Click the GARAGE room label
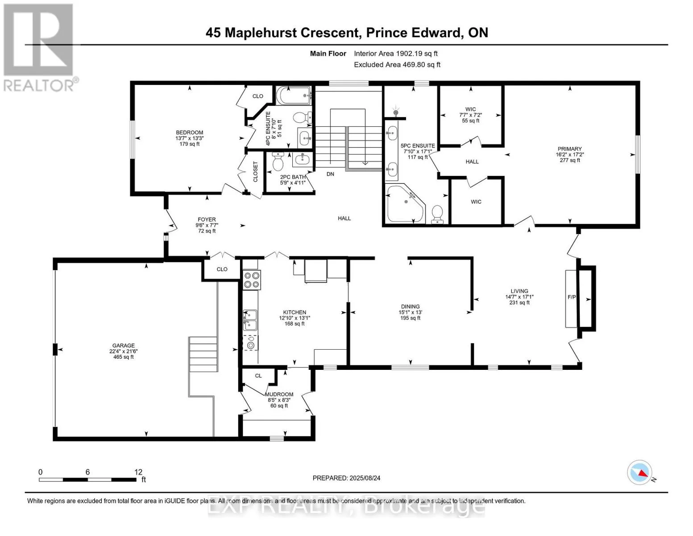click(x=124, y=345)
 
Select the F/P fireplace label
click(x=572, y=297)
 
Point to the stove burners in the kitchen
click(x=252, y=280)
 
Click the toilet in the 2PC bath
click(x=278, y=161)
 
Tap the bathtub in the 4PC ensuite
click(x=294, y=95)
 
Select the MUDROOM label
click(x=279, y=394)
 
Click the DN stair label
click(x=330, y=174)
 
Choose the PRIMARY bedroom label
click(x=569, y=149)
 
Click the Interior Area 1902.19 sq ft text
click(x=396, y=54)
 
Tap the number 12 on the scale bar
click(x=138, y=472)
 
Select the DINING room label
click(x=411, y=306)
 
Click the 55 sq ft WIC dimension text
click(x=470, y=121)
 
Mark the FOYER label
click(x=207, y=219)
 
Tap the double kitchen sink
click(x=250, y=320)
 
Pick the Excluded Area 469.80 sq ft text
click(x=397, y=65)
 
